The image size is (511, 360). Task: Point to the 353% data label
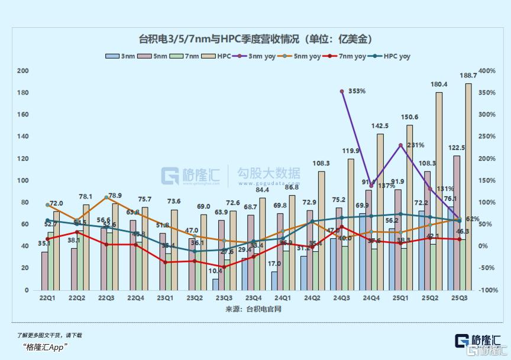[x=357, y=92]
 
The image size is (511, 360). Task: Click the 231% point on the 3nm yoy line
[x=400, y=145]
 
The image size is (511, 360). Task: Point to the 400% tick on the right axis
[x=487, y=71]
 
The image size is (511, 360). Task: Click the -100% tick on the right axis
[x=487, y=290]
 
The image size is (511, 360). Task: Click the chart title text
[x=256, y=39]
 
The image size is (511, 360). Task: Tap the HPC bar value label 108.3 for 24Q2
[x=321, y=163]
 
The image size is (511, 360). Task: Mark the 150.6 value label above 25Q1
[x=409, y=117]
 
